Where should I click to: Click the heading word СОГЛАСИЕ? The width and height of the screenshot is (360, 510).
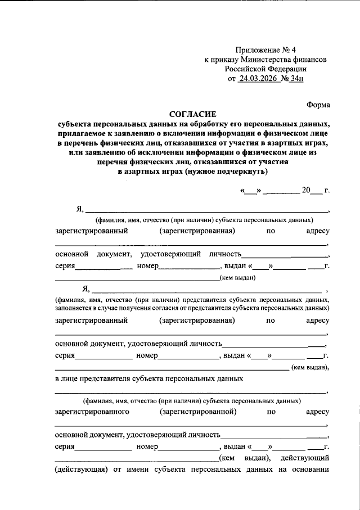[x=192, y=114]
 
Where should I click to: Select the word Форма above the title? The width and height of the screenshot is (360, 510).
[x=318, y=104]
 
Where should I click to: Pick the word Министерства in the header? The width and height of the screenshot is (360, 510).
[x=266, y=58]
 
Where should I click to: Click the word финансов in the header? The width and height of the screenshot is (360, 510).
[x=310, y=58]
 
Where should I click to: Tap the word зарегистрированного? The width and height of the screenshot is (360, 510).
[x=93, y=412]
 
